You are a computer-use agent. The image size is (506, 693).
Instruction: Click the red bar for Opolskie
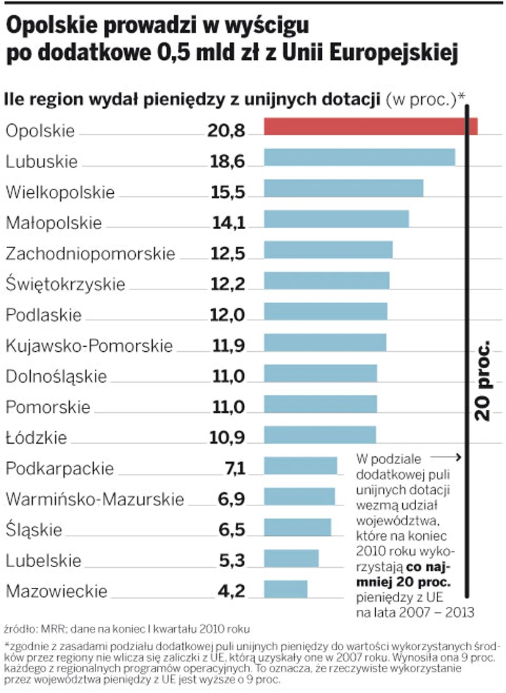pyautogui.click(x=370, y=126)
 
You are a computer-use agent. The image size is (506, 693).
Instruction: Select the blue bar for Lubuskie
pyautogui.click(x=359, y=157)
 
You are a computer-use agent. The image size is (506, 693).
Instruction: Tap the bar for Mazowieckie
pyautogui.click(x=285, y=589)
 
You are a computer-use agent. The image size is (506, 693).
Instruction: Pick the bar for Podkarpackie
pyautogui.click(x=300, y=466)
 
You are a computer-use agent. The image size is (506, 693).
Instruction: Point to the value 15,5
pyautogui.click(x=227, y=192)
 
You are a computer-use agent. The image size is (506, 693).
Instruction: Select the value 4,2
pyautogui.click(x=231, y=591)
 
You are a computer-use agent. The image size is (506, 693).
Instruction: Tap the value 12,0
pyautogui.click(x=227, y=315)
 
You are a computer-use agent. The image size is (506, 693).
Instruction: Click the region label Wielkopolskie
pyautogui.click(x=60, y=192)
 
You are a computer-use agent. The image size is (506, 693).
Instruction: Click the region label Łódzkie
pyautogui.click(x=36, y=437)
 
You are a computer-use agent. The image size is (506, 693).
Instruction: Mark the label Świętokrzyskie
pyautogui.click(x=65, y=284)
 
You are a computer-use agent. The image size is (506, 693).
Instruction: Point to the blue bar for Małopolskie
pyautogui.click(x=336, y=218)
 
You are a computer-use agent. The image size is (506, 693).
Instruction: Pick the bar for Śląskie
pyautogui.click(x=297, y=527)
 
